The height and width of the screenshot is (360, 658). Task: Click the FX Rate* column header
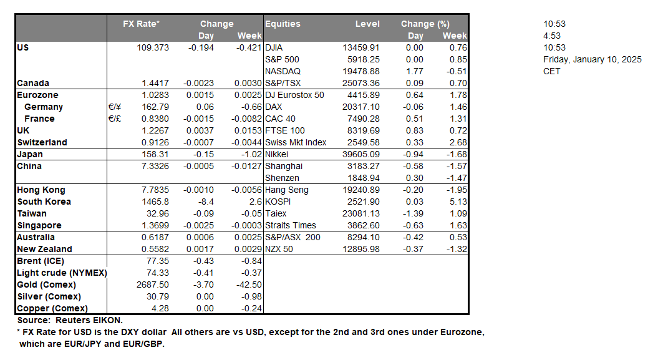click(x=142, y=24)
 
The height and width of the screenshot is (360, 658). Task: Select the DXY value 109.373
click(x=153, y=47)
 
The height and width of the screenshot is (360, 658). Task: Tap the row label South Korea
click(x=44, y=202)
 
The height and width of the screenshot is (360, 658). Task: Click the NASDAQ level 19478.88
click(x=361, y=71)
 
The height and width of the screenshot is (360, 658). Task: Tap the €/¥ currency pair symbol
click(x=114, y=107)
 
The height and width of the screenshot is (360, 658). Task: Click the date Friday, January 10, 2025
click(x=592, y=59)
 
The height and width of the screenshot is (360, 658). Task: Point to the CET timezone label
click(x=552, y=71)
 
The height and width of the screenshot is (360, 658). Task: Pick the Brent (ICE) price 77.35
click(x=157, y=261)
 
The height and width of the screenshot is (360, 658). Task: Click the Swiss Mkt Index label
click(x=296, y=142)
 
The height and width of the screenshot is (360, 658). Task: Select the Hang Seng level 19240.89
click(x=361, y=190)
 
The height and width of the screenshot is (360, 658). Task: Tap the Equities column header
click(x=283, y=24)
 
